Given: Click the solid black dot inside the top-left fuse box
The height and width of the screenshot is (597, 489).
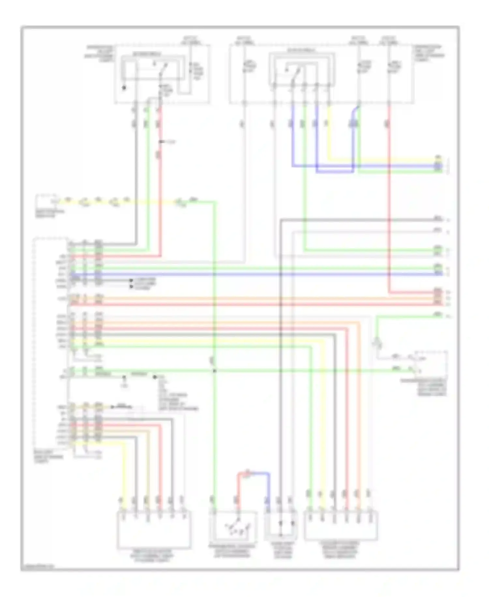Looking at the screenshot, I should point(124,88).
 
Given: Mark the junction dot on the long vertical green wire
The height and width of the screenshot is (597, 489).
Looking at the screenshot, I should point(215,371).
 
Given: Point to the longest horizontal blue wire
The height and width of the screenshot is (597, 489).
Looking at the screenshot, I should point(254,274).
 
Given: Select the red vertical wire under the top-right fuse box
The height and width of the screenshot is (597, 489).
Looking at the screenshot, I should point(389,196).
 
